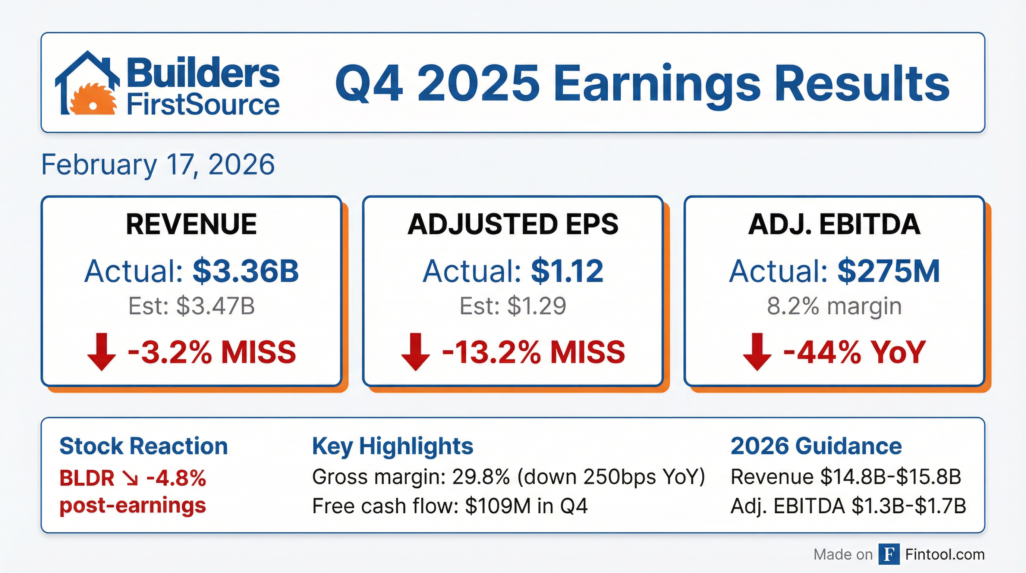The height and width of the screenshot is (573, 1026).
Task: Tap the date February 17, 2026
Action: tap(158, 165)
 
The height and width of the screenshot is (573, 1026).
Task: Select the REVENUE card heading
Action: tap(191, 224)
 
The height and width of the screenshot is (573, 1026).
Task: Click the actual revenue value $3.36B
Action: tap(246, 271)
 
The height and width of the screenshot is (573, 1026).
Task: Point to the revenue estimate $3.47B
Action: tap(215, 306)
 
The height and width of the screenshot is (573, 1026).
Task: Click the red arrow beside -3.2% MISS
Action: tap(101, 352)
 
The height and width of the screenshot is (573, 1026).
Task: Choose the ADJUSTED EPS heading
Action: tap(513, 224)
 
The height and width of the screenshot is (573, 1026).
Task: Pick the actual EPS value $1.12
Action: tap(567, 271)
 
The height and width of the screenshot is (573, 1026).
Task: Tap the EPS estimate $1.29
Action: tap(537, 306)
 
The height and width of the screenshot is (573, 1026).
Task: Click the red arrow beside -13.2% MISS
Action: tap(415, 352)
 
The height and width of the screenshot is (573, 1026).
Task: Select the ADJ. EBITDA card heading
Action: tap(834, 224)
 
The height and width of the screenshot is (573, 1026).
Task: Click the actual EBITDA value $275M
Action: tap(888, 271)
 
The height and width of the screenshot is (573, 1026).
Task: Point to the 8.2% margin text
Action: tap(834, 306)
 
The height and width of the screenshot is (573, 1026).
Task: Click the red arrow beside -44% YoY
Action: tap(757, 352)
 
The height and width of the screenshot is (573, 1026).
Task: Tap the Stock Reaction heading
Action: tap(144, 446)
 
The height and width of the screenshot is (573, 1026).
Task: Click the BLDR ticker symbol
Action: tap(87, 478)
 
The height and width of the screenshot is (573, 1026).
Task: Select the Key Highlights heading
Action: tap(393, 447)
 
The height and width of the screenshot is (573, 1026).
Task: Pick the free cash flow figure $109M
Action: tap(498, 506)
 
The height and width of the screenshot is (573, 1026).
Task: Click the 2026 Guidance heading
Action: tap(816, 446)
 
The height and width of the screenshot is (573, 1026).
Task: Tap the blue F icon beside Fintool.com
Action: tap(889, 554)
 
